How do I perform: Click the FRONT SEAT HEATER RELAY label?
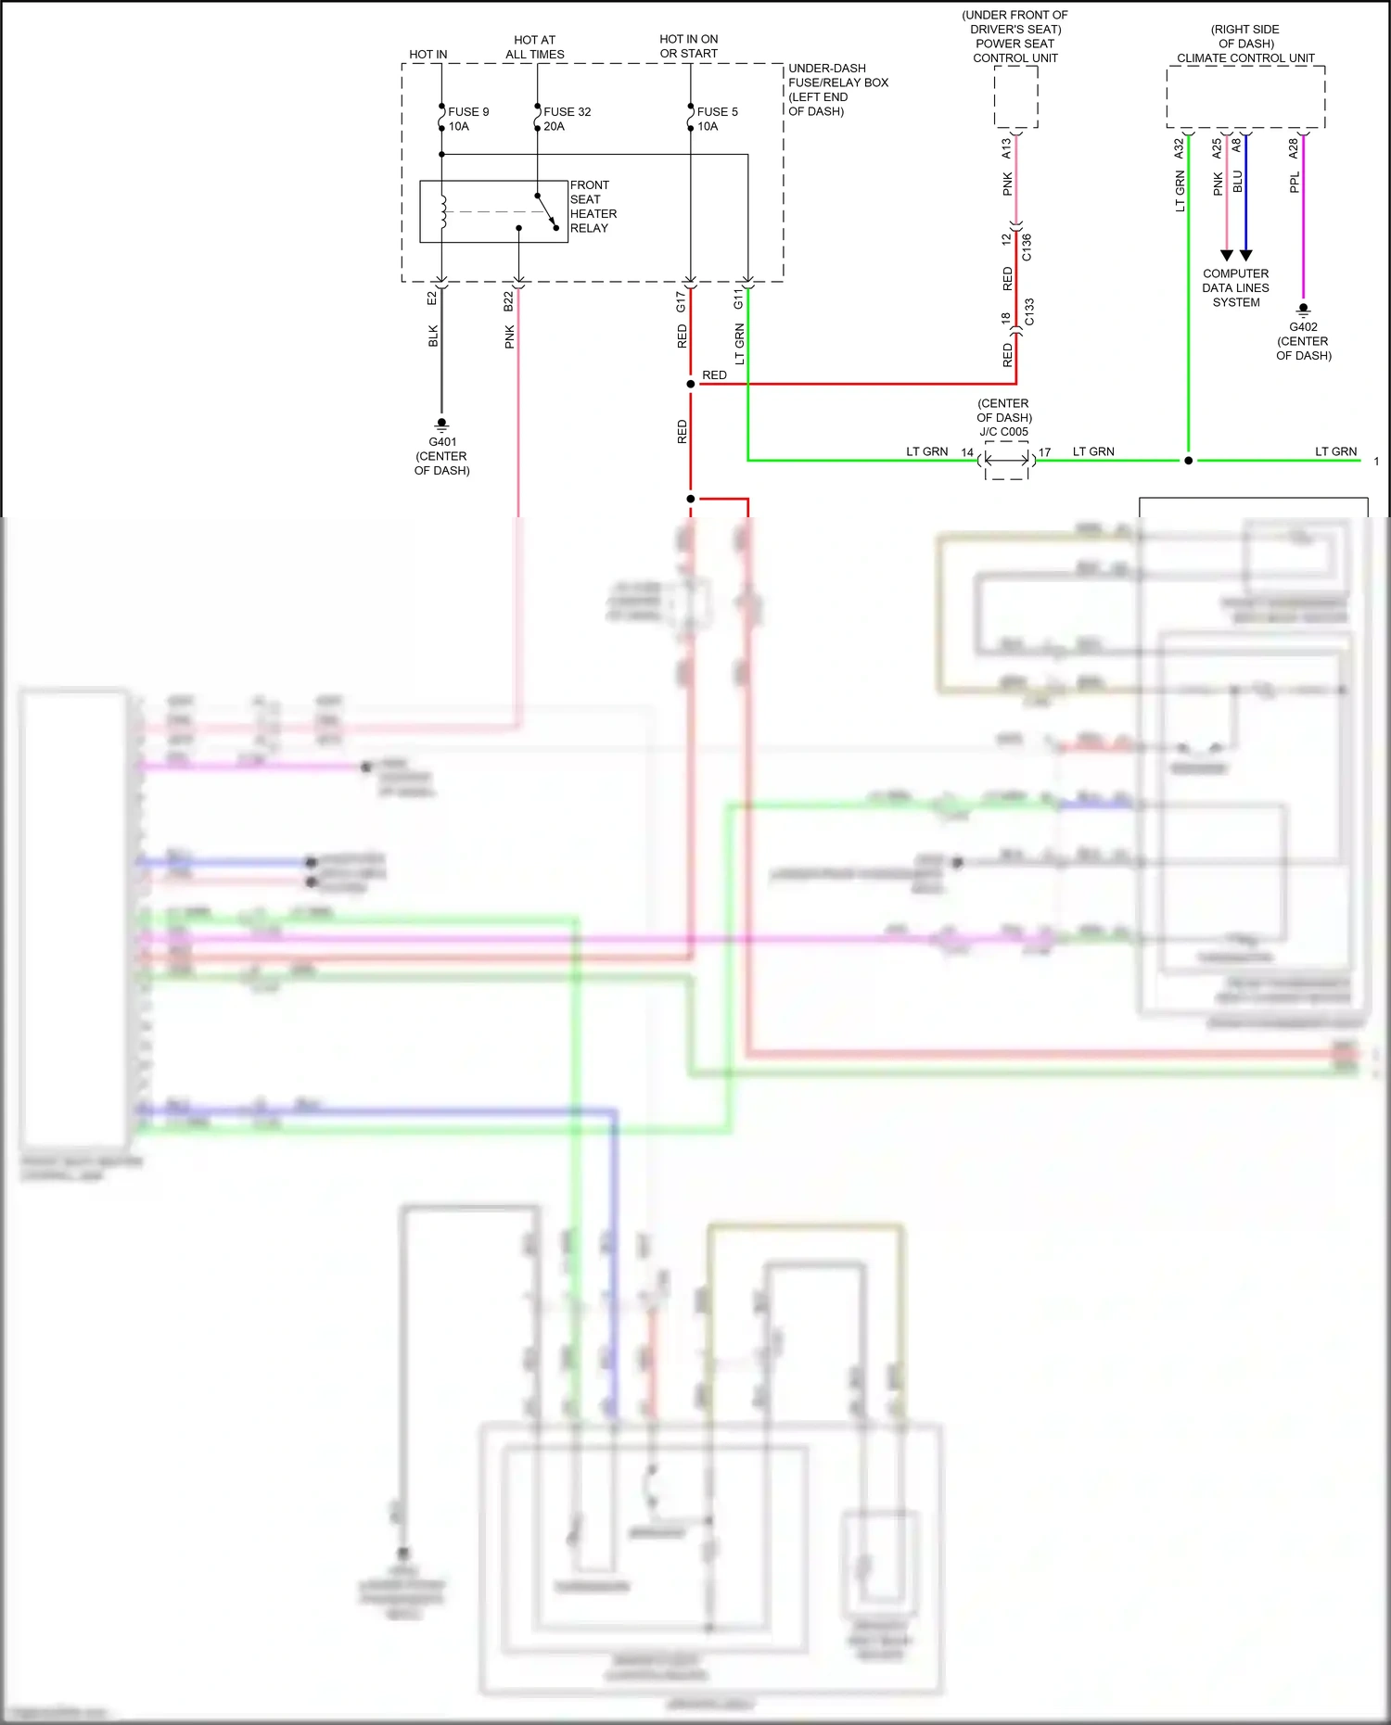[x=593, y=207]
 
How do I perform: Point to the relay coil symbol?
[x=443, y=211]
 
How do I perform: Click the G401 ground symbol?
[x=441, y=425]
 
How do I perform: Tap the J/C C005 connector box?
[x=1006, y=460]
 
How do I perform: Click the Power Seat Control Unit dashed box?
[x=1015, y=97]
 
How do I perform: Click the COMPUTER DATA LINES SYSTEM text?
[x=1235, y=288]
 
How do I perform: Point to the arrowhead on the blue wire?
[x=1245, y=255]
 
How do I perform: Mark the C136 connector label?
[x=1027, y=247]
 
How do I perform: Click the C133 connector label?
[x=1028, y=312]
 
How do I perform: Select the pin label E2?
[x=431, y=298]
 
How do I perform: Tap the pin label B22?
[x=508, y=301]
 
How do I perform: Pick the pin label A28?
[x=1294, y=148]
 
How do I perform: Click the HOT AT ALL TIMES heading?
[x=534, y=47]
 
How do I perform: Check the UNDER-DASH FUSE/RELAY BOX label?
[x=837, y=90]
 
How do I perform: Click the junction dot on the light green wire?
[x=1188, y=461]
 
